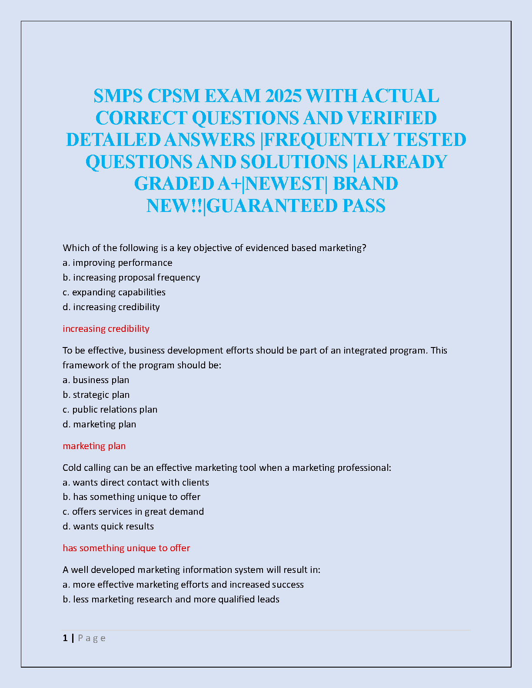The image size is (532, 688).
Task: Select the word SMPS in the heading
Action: click(118, 96)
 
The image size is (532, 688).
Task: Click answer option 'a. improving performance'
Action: click(117, 263)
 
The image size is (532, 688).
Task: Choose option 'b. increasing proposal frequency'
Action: click(131, 278)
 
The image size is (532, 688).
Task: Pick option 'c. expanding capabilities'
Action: click(114, 292)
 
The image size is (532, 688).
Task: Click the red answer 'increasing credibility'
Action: click(106, 329)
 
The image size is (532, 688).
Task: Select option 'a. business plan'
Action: click(96, 380)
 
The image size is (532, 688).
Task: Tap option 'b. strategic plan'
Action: click(96, 395)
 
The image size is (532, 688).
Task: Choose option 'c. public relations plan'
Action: click(110, 410)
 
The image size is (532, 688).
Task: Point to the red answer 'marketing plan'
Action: click(94, 446)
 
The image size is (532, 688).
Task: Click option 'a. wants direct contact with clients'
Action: click(136, 483)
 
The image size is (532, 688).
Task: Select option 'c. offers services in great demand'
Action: click(133, 512)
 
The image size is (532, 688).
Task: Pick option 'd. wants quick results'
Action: click(108, 526)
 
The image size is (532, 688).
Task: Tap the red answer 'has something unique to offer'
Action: click(126, 548)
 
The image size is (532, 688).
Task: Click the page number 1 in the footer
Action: click(65, 638)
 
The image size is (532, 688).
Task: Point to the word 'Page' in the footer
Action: click(92, 638)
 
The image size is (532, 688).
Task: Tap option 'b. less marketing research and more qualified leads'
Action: click(171, 599)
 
